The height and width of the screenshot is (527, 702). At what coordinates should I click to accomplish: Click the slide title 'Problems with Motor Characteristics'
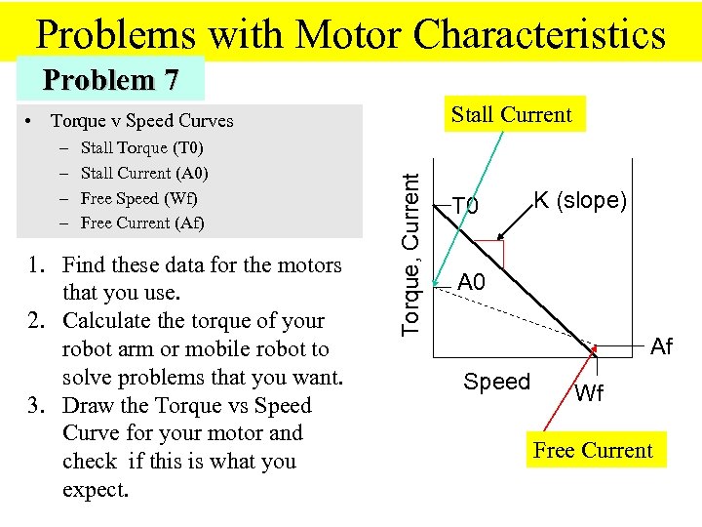(x=351, y=34)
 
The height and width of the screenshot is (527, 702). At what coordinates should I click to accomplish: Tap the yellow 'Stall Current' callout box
(x=512, y=114)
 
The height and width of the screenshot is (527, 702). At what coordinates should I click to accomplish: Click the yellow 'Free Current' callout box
(x=593, y=450)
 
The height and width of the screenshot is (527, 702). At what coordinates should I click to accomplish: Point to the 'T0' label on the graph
(x=466, y=206)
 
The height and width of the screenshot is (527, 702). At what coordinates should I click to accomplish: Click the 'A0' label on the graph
(x=472, y=283)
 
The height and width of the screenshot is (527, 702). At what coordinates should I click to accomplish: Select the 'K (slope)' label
(x=579, y=200)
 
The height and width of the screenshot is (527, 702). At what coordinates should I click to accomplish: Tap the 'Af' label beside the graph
(x=661, y=346)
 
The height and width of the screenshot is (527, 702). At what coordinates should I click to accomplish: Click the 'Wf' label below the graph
(x=589, y=394)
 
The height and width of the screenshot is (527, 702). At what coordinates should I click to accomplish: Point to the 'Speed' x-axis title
(x=496, y=382)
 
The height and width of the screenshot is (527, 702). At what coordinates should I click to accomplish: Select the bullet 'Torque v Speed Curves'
(x=141, y=121)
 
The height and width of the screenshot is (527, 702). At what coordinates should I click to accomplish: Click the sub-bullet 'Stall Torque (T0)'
(x=141, y=148)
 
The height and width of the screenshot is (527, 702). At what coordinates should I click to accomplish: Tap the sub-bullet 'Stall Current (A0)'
(x=144, y=174)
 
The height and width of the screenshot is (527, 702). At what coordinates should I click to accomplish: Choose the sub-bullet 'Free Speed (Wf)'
(x=139, y=198)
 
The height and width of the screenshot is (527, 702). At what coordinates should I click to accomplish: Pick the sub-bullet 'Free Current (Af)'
(x=142, y=223)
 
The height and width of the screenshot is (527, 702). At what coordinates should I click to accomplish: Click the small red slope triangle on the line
(x=490, y=253)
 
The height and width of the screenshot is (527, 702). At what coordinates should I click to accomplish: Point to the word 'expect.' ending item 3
(x=96, y=489)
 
